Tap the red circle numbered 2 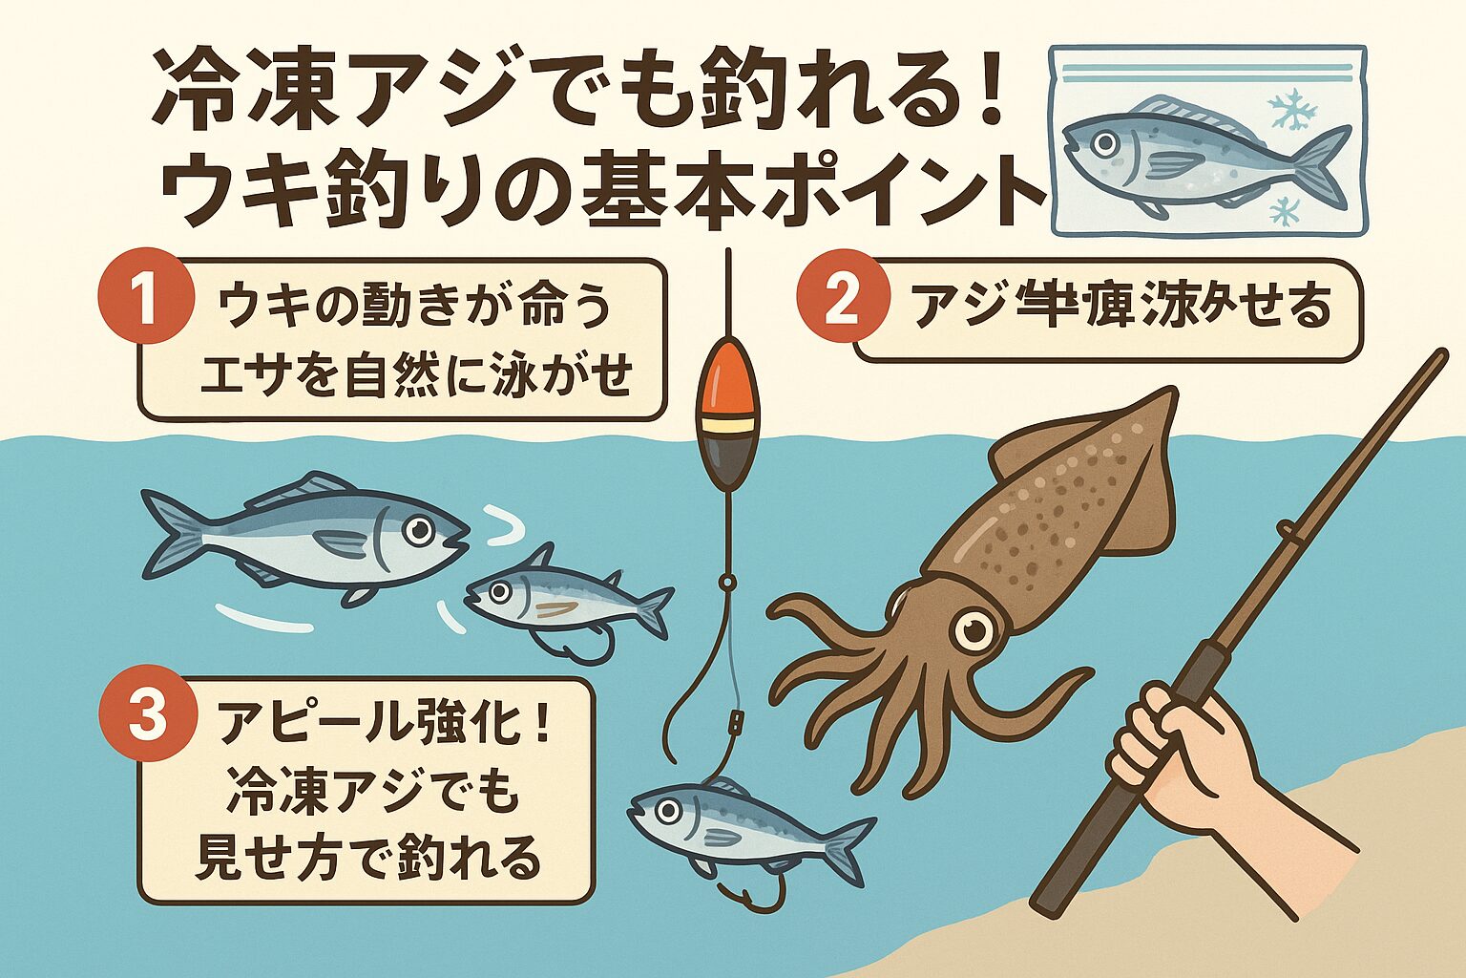[840, 304]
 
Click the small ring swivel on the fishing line [727, 580]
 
